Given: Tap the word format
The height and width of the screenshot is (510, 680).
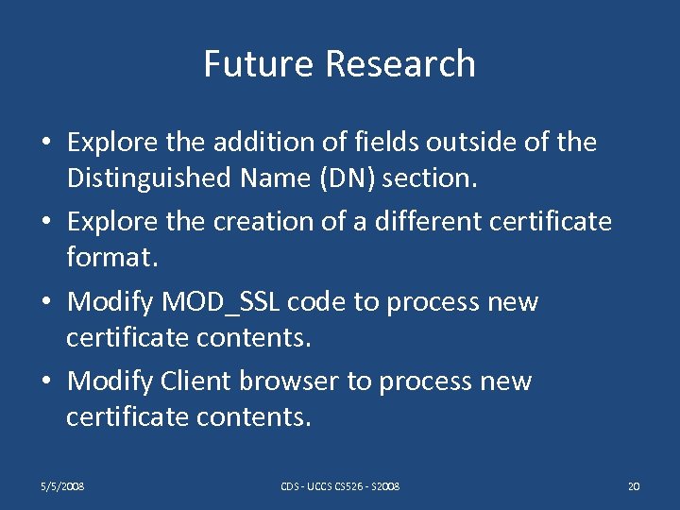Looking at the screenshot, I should [x=105, y=256].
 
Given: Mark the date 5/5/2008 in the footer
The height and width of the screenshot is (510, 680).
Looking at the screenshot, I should [x=63, y=486].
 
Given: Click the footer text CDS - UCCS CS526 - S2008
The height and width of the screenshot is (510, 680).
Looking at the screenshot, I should [x=340, y=486].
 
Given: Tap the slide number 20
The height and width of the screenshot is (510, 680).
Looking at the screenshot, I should [x=634, y=486].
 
